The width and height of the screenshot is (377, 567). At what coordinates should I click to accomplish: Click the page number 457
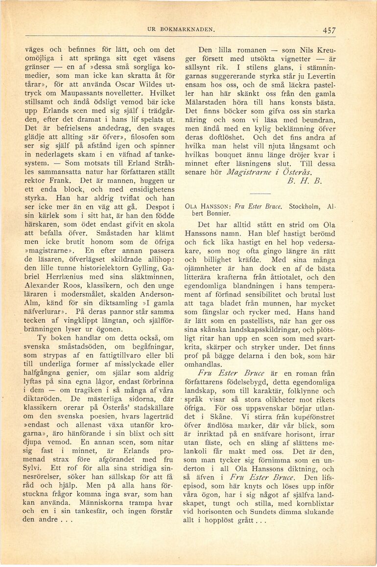(x=329, y=30)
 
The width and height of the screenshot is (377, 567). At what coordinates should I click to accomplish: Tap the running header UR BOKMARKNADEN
(x=181, y=29)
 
